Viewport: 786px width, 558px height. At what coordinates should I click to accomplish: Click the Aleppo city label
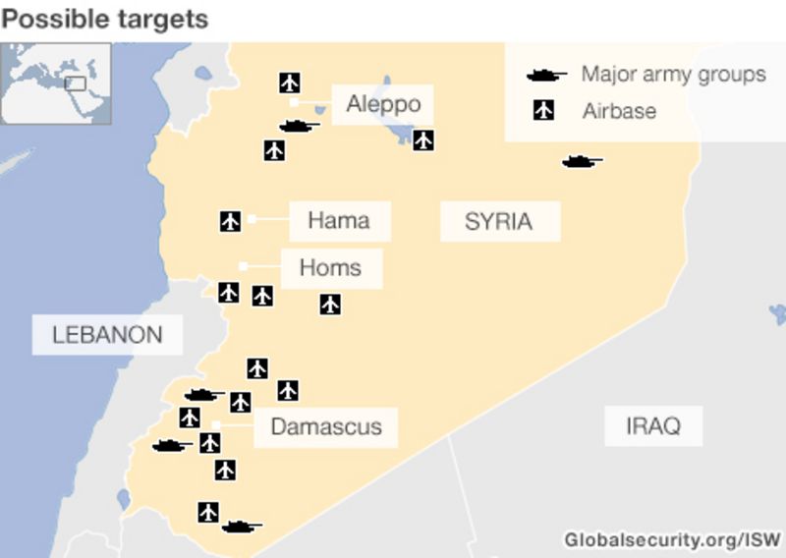[383, 104]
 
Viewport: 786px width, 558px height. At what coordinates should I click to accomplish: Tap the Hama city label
[339, 220]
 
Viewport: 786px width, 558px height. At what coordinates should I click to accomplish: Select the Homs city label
[330, 267]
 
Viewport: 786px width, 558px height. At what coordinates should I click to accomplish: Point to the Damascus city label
[325, 427]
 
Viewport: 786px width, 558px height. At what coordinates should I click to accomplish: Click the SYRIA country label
[498, 221]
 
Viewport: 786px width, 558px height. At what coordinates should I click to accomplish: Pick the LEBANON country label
[107, 334]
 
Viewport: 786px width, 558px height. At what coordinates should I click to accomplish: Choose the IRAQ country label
[652, 426]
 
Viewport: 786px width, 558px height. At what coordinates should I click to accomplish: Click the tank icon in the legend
[546, 75]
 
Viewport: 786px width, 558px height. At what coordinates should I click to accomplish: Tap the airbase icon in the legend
[542, 110]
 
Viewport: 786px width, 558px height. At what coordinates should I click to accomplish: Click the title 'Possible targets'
[105, 19]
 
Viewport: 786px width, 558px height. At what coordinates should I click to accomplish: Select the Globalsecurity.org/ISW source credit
[672, 539]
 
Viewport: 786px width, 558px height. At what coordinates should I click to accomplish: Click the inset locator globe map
[56, 83]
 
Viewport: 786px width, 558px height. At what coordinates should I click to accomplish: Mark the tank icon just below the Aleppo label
[299, 126]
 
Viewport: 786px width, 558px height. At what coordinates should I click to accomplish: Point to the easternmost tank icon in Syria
[582, 162]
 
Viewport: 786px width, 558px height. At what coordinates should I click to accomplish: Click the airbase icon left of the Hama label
[230, 221]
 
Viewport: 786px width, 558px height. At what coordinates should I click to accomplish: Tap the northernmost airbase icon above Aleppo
[289, 82]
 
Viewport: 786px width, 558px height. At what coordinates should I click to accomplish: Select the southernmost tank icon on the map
[242, 527]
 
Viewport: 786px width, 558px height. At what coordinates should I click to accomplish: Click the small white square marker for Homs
[243, 266]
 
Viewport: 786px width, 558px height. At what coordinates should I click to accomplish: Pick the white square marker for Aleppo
[294, 101]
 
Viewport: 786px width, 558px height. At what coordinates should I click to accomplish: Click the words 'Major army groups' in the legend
[673, 75]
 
